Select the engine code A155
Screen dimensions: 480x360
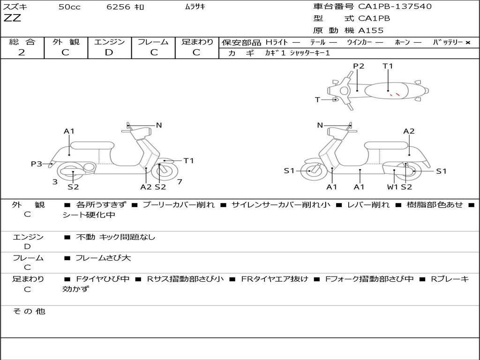[371, 30]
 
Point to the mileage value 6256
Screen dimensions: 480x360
[118, 7]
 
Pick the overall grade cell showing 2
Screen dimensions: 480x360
[22, 52]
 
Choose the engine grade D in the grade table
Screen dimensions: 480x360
[109, 52]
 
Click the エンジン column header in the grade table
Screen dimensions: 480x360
[109, 42]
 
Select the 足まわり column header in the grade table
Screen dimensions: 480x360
[197, 42]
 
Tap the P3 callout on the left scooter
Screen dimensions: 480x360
[37, 164]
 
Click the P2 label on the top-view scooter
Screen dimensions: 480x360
[359, 66]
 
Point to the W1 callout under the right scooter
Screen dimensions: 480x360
[392, 187]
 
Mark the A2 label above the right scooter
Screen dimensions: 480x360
[409, 131]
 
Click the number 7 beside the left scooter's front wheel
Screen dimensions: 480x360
[180, 182]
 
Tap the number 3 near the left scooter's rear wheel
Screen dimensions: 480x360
[55, 182]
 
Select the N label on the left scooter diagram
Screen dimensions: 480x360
[159, 125]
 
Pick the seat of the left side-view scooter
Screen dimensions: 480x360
[92, 145]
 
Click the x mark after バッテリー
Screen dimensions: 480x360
[467, 43]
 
